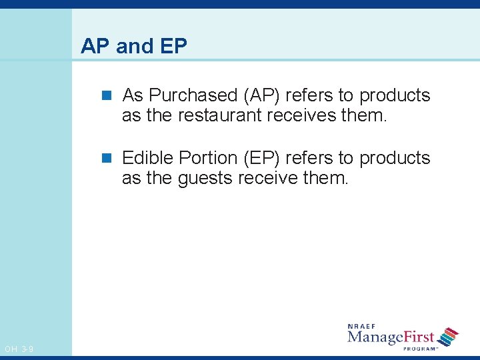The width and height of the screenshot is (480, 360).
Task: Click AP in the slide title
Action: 95,47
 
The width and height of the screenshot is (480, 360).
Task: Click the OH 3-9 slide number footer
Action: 19,349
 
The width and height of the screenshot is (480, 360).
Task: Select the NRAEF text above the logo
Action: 362,327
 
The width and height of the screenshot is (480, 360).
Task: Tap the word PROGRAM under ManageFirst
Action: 420,349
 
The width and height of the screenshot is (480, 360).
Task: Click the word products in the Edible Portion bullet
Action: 395,159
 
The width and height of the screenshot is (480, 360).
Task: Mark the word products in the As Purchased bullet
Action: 395,96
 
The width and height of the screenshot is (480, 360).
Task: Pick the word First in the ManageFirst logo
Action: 419,337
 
